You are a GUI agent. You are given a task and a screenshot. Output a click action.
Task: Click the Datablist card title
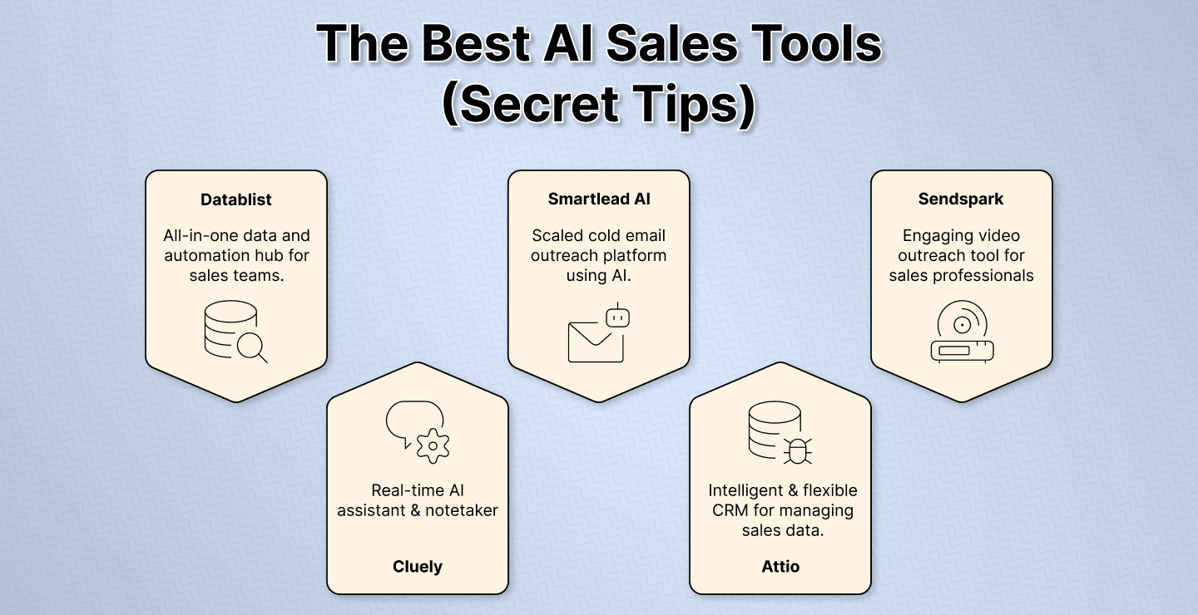pyautogui.click(x=236, y=199)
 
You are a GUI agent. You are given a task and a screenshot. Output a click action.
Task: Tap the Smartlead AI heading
pyautogui.click(x=598, y=199)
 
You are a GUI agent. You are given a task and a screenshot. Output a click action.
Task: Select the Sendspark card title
pyautogui.click(x=961, y=199)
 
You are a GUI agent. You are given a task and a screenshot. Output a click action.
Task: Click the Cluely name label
pyautogui.click(x=418, y=567)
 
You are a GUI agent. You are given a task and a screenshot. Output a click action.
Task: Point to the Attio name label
pyautogui.click(x=780, y=567)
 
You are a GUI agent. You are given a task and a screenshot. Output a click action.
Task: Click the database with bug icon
pyautogui.click(x=780, y=433)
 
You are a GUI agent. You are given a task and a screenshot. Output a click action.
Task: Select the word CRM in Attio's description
pyautogui.click(x=731, y=510)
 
